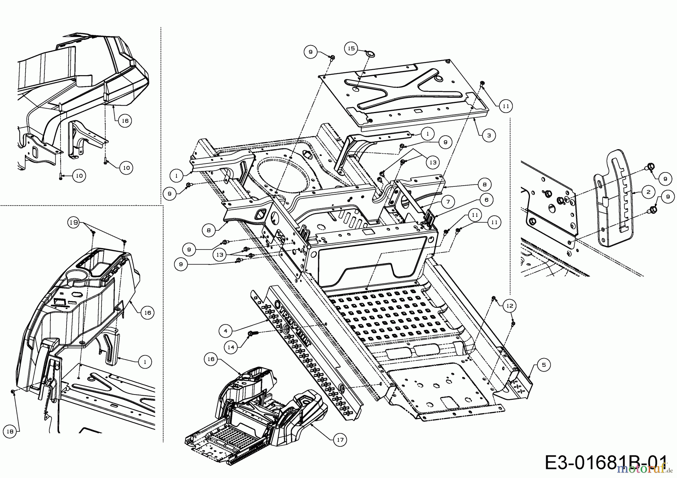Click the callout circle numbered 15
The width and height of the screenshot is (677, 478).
coord(351,48)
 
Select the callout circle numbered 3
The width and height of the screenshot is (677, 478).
coord(489,135)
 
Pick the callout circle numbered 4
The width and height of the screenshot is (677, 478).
coord(225,331)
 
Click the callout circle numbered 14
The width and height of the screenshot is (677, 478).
coord(231,348)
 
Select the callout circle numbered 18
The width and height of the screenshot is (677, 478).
coord(10,432)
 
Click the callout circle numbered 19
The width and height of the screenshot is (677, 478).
coord(74,222)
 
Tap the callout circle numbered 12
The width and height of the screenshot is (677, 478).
coord(509,306)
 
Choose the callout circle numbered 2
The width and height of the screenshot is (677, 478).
coord(648,192)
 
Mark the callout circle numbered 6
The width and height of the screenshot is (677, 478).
coord(486,200)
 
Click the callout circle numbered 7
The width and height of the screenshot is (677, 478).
coord(448,202)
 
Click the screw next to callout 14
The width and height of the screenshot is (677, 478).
coord(253,333)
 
